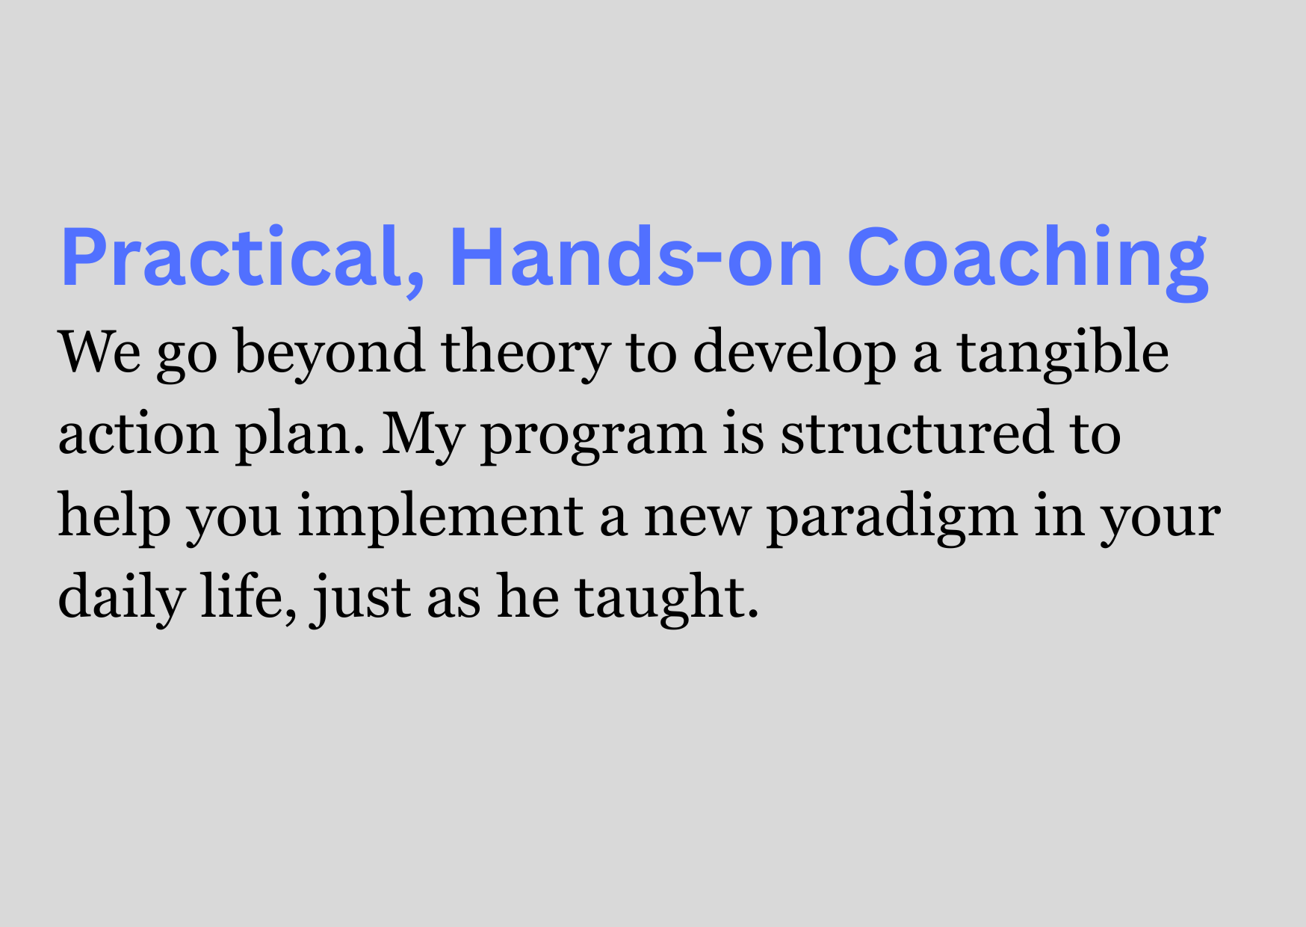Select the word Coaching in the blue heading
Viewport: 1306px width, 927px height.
[1027, 262]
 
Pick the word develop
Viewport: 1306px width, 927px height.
[794, 354]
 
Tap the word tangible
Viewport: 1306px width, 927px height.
[1063, 354]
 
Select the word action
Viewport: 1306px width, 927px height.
[138, 435]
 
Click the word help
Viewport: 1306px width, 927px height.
[114, 517]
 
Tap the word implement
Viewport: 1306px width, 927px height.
[440, 517]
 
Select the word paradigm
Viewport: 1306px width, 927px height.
[892, 517]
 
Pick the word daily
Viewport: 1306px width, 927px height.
[121, 600]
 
